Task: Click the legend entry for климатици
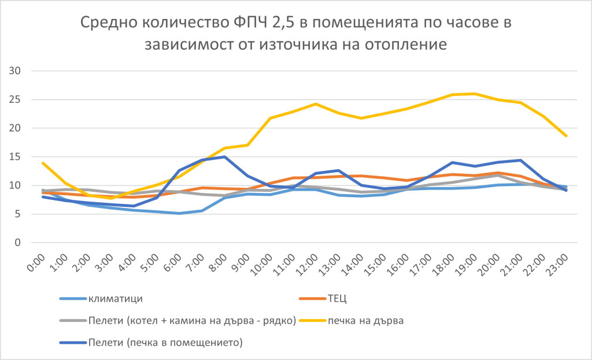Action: coord(101,299)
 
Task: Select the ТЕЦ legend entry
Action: coord(323,299)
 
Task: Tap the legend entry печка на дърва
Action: coord(351,321)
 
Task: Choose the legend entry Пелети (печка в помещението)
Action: coord(151,343)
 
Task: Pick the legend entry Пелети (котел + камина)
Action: coord(178,321)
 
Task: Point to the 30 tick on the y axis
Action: coord(14,70)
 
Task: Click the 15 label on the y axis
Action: coord(14,157)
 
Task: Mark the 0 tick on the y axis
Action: coord(18,243)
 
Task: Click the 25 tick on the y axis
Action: coord(14,99)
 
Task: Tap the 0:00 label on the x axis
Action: coord(36,263)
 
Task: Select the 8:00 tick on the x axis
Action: coord(218,263)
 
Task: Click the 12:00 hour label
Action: coord(307,265)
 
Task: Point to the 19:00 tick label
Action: coord(467,265)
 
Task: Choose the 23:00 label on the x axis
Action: coord(557,265)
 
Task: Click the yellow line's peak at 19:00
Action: coord(475,94)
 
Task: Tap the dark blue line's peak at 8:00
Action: coord(225,157)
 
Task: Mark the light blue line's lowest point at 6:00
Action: coord(179,214)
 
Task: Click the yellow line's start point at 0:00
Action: coord(43,163)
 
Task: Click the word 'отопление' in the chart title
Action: coord(406,44)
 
